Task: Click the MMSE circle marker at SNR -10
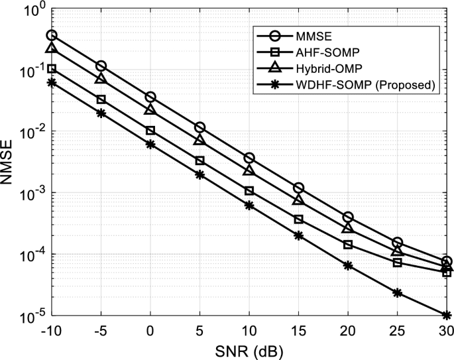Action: tap(52, 34)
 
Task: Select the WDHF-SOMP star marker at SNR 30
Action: tap(447, 315)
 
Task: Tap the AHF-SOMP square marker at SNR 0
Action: tap(150, 131)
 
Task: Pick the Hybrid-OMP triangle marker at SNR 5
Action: tap(199, 140)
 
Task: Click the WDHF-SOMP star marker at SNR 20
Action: tap(348, 265)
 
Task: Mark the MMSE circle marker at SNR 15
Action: tap(298, 188)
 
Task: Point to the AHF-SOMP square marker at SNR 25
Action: tap(397, 263)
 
